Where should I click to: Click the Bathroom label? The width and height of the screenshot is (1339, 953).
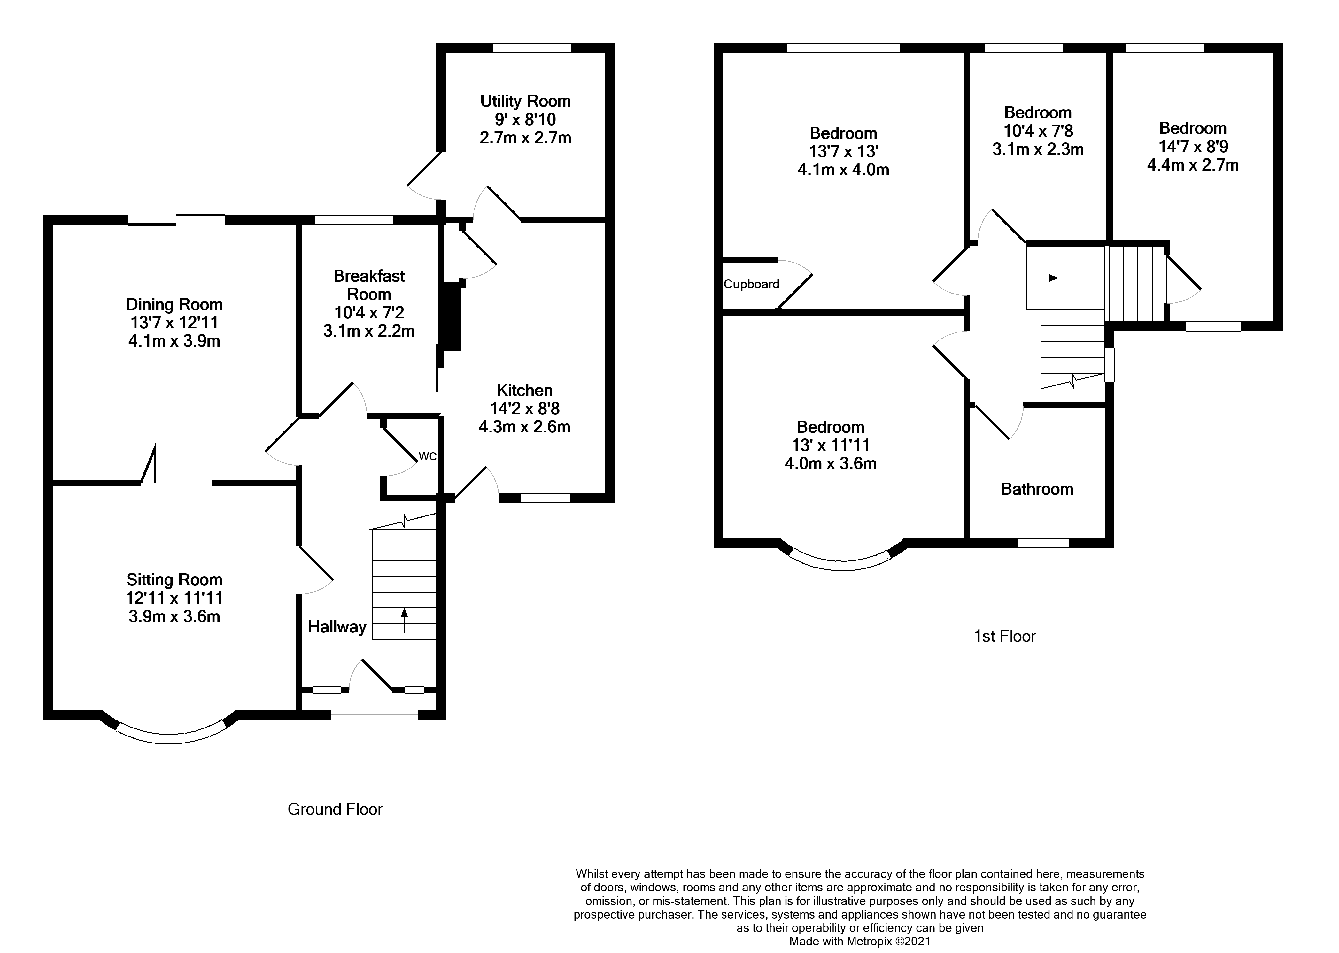(x=1037, y=489)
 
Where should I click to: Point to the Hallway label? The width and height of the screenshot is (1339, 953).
(x=337, y=627)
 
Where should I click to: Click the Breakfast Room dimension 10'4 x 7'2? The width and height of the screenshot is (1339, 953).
(x=369, y=313)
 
